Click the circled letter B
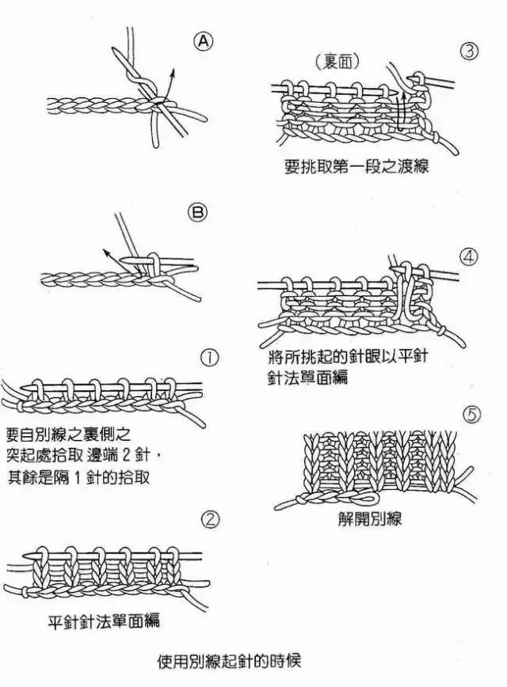tap(198, 212)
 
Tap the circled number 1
tap(211, 358)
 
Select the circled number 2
tap(211, 519)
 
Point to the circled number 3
tap(469, 51)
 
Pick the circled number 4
tap(469, 257)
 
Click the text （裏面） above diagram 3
tap(337, 61)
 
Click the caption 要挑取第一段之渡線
tap(356, 168)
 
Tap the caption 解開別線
tap(370, 519)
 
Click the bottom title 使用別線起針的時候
tap(230, 659)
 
